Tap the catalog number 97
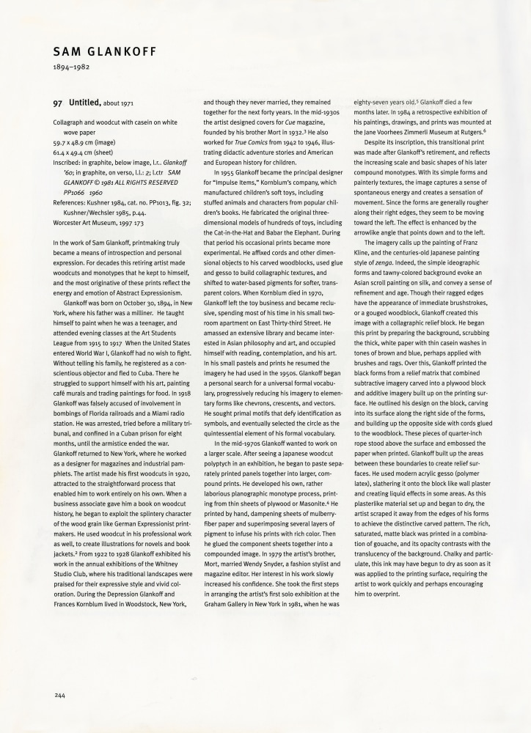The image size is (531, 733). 58,104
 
